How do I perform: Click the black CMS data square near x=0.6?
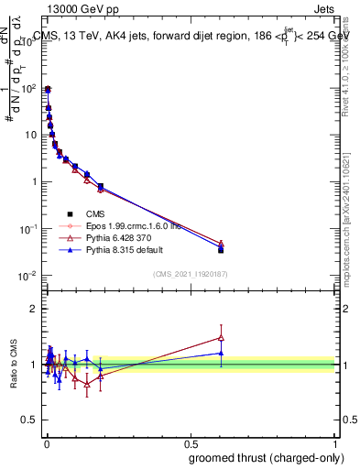coord(221,249)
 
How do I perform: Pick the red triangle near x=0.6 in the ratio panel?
coord(221,337)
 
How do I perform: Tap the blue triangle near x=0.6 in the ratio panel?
coord(221,353)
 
